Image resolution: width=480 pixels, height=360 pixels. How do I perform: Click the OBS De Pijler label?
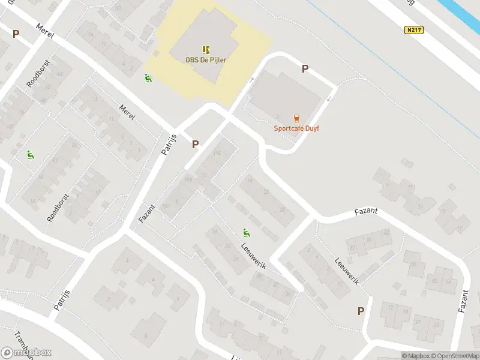206,59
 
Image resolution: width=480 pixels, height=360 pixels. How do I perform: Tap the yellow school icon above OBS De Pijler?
206,49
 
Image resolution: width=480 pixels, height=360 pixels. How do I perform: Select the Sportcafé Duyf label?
296,128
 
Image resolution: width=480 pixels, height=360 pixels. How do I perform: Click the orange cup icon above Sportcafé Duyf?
296,118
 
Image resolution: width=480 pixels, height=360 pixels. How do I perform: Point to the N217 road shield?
412,30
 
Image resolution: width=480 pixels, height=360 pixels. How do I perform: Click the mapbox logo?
26,352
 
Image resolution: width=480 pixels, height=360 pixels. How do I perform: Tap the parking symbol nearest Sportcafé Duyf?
305,69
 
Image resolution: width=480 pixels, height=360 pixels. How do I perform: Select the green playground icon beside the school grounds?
148,78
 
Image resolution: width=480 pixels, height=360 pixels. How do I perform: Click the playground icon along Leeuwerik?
246,232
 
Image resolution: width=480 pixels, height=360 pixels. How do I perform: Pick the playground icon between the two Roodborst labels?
30,155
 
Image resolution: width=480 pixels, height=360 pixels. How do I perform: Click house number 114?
217,154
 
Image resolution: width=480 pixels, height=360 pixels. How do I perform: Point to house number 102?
167,206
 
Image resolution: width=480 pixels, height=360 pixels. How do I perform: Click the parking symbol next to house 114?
195,144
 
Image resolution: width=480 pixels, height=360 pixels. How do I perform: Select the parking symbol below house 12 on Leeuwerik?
361,311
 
